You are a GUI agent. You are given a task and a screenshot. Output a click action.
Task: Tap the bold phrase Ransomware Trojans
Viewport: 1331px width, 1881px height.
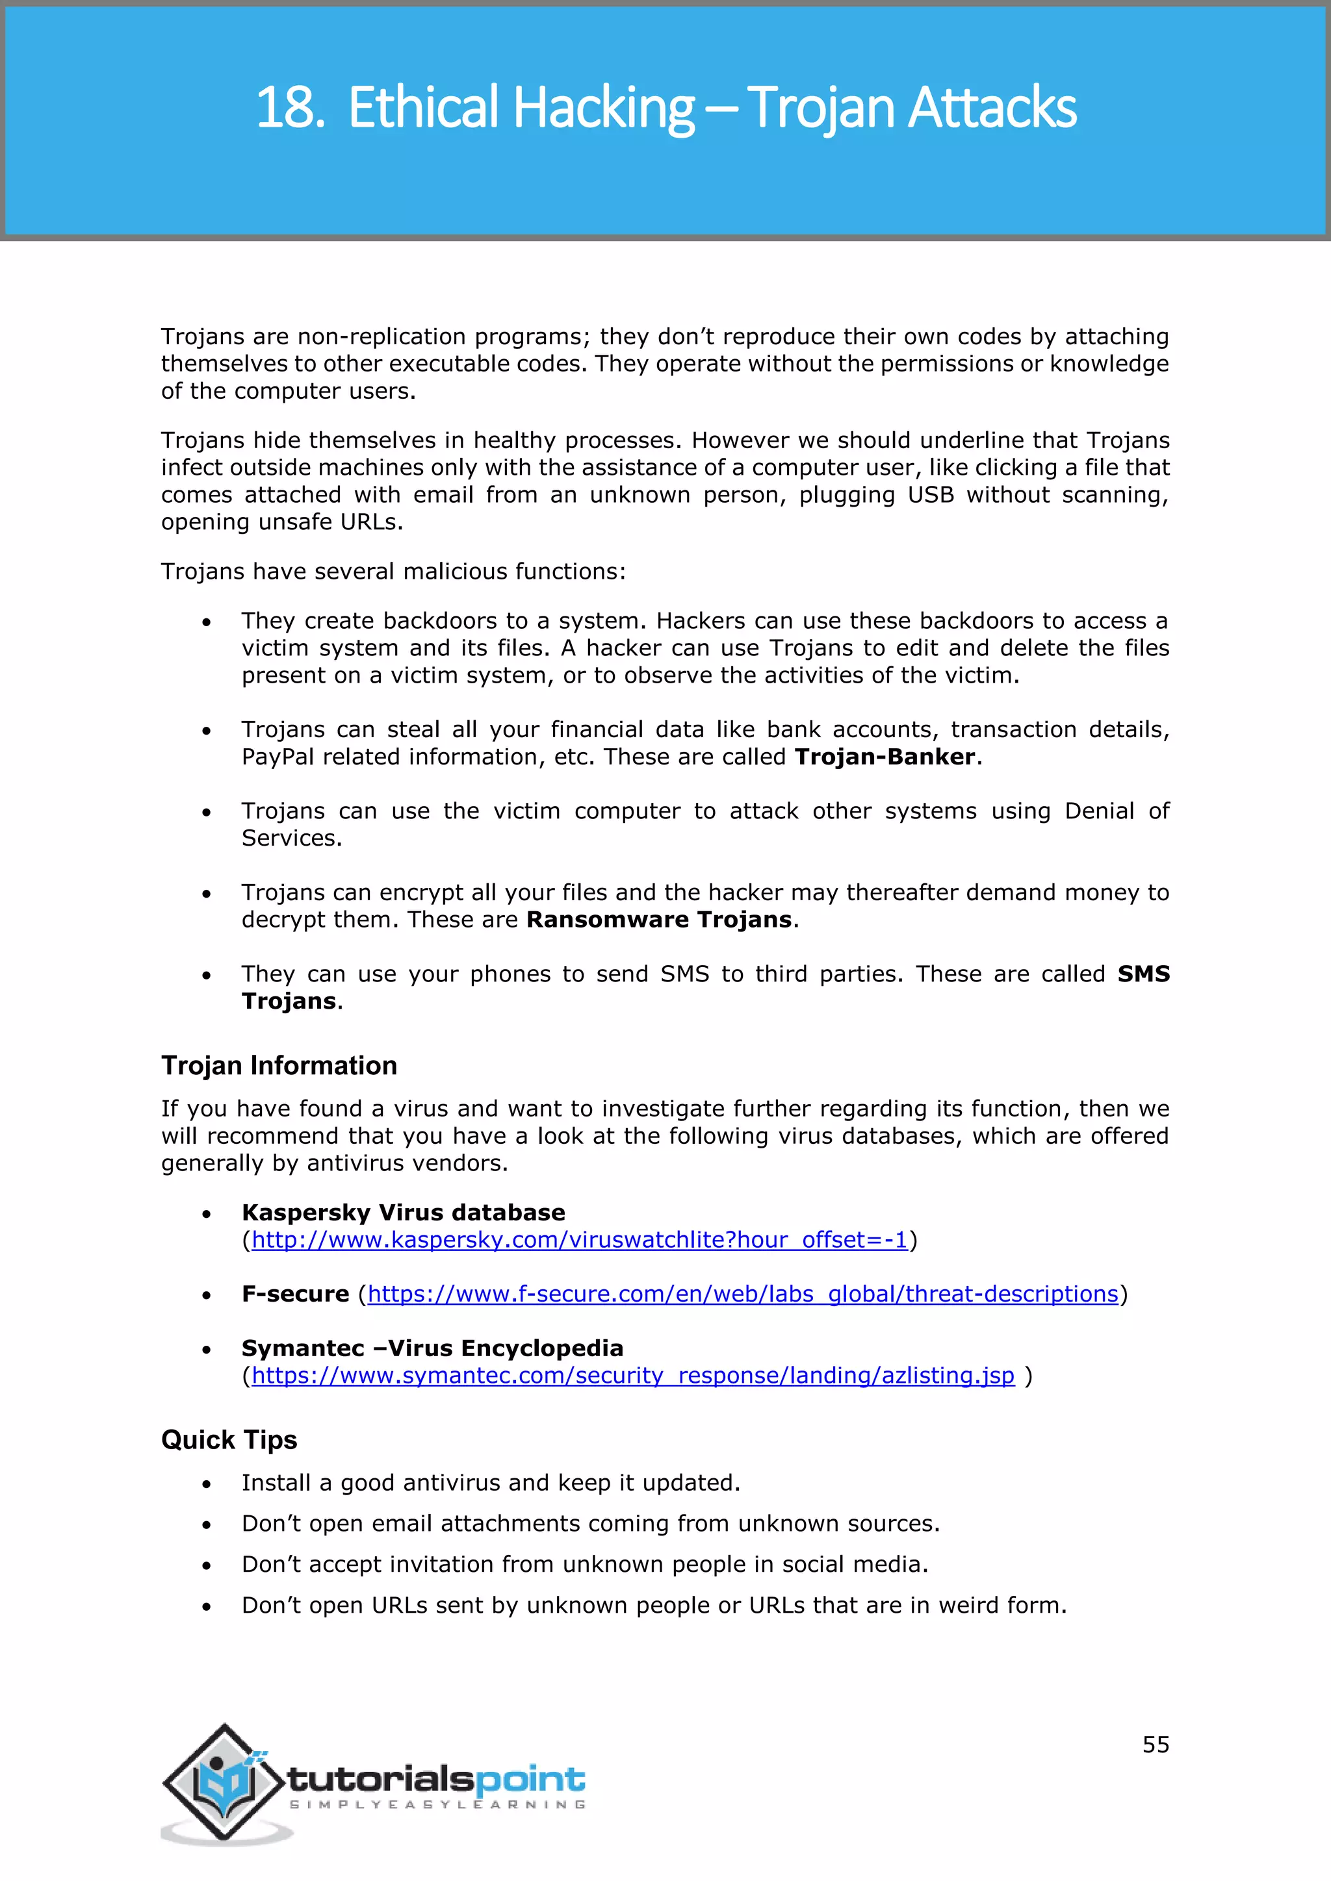coord(659,920)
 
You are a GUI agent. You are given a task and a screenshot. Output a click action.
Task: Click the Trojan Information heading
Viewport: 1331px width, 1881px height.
coord(279,1066)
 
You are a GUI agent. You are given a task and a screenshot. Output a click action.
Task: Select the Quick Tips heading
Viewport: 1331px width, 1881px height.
coord(229,1440)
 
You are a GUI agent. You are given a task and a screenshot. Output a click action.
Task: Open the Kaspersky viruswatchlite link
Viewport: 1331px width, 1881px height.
coord(580,1241)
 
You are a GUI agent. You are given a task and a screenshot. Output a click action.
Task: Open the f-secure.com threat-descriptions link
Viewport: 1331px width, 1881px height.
coord(743,1294)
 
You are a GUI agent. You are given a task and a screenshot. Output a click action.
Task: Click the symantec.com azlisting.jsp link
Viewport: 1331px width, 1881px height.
coord(633,1376)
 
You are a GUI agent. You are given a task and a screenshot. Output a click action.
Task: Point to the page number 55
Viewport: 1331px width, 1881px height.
coord(1156,1745)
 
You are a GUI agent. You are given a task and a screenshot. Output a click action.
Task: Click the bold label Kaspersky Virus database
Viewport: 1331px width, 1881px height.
coord(403,1213)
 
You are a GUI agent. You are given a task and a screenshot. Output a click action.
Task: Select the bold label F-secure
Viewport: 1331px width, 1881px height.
coord(295,1294)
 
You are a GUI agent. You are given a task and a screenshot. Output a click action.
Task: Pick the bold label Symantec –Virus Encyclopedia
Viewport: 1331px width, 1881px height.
coord(432,1348)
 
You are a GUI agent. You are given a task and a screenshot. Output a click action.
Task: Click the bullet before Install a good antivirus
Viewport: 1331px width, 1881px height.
coord(207,1485)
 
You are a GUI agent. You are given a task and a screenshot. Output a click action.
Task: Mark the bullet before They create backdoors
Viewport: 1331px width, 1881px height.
coord(207,623)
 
